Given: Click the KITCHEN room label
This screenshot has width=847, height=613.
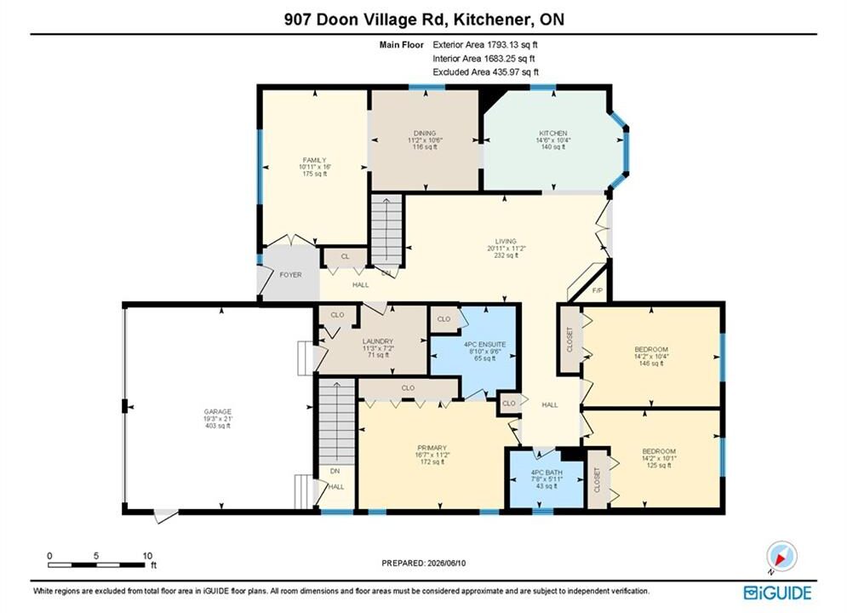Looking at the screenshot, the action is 553,133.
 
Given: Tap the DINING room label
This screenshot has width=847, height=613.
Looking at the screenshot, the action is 425,133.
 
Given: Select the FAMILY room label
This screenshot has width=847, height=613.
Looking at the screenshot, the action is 314,160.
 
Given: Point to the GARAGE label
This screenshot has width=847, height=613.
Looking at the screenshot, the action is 218,411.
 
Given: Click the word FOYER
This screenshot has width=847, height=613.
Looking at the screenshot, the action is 290,275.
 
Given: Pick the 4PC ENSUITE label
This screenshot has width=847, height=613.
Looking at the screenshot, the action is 484,344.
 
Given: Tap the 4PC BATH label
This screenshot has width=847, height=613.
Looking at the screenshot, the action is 547,472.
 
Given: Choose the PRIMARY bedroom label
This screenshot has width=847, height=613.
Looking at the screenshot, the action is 432,448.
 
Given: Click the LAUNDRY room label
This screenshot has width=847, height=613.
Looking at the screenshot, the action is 378,341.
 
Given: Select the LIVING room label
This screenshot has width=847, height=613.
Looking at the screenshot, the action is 506,242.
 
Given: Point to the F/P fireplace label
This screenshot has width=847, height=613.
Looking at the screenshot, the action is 598,290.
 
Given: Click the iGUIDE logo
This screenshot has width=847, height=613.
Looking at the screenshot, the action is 777,593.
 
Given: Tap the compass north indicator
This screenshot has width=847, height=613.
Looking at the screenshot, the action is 781,557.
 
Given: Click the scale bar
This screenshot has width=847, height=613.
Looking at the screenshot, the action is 96,565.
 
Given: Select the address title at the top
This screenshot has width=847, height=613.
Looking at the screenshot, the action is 424,20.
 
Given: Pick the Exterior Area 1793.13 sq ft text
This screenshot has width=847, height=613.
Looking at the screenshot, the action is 485,45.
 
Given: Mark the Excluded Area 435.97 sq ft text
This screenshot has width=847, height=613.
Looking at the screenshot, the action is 485,72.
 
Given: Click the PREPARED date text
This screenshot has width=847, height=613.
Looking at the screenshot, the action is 424,563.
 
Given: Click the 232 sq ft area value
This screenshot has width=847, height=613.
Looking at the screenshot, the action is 506,255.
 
